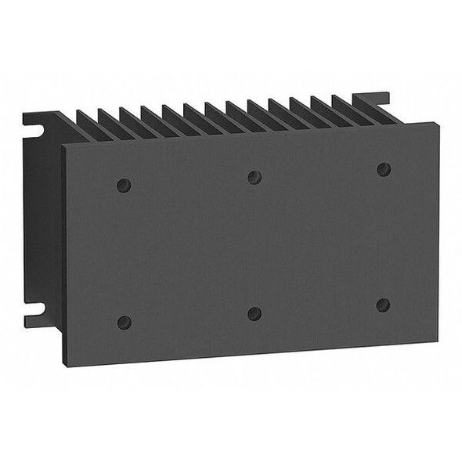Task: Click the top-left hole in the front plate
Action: pyautogui.click(x=123, y=186)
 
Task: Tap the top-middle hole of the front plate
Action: pyautogui.click(x=254, y=177)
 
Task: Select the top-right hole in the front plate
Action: pyautogui.click(x=384, y=169)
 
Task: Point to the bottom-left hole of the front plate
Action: pyautogui.click(x=124, y=322)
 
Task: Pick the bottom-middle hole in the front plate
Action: pyautogui.click(x=254, y=313)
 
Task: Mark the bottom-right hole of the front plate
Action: pyautogui.click(x=383, y=305)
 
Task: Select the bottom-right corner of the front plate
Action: pyautogui.click(x=437, y=341)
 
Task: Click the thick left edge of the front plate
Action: pyautogui.click(x=63, y=251)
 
